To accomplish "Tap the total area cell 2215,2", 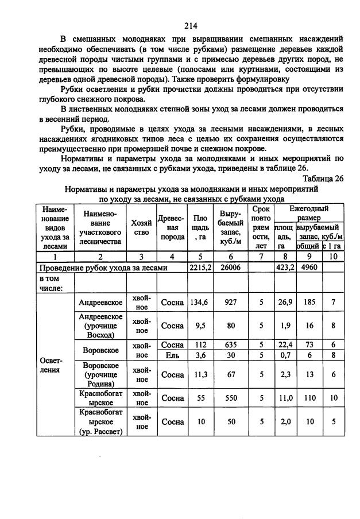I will [x=200, y=267].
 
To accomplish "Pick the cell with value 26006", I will [x=230, y=267].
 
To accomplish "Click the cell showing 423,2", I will [x=285, y=267].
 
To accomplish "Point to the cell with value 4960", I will [x=308, y=267].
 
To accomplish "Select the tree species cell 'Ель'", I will [x=172, y=354].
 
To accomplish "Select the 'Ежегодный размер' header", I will [x=308, y=214].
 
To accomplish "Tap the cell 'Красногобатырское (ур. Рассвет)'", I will [x=101, y=422].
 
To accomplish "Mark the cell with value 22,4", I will [x=285, y=345].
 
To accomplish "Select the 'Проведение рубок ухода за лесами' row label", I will [x=103, y=267].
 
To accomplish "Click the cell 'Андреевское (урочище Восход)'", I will [x=101, y=326].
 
